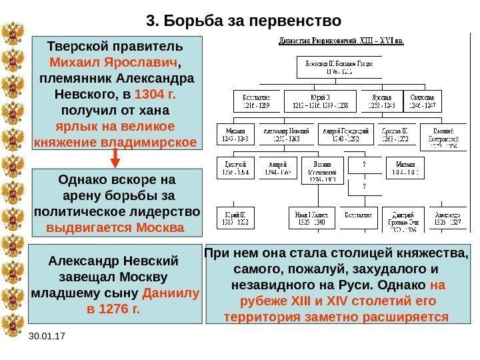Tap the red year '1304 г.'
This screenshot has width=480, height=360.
point(153,94)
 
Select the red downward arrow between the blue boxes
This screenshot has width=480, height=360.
point(115,158)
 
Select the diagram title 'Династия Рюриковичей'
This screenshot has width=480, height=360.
point(344,41)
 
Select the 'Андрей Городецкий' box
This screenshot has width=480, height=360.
point(345,133)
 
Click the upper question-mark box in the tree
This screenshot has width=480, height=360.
point(363,164)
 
